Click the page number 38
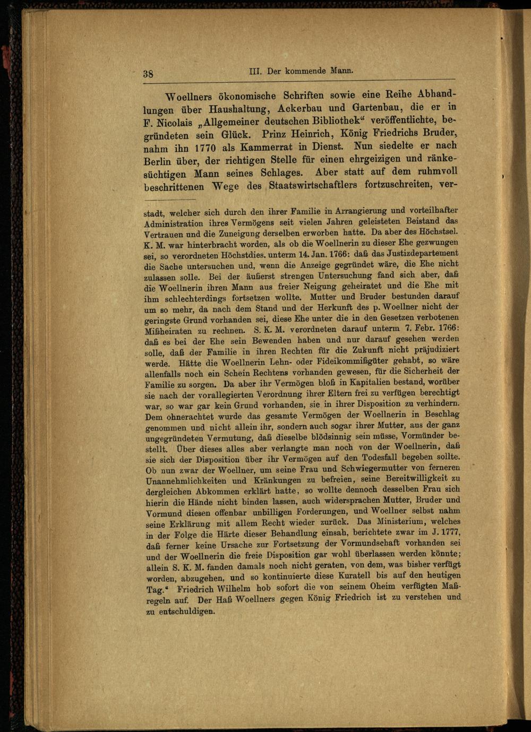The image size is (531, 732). (148, 74)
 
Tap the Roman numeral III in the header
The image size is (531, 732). (254, 71)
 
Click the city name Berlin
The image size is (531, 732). (157, 161)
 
